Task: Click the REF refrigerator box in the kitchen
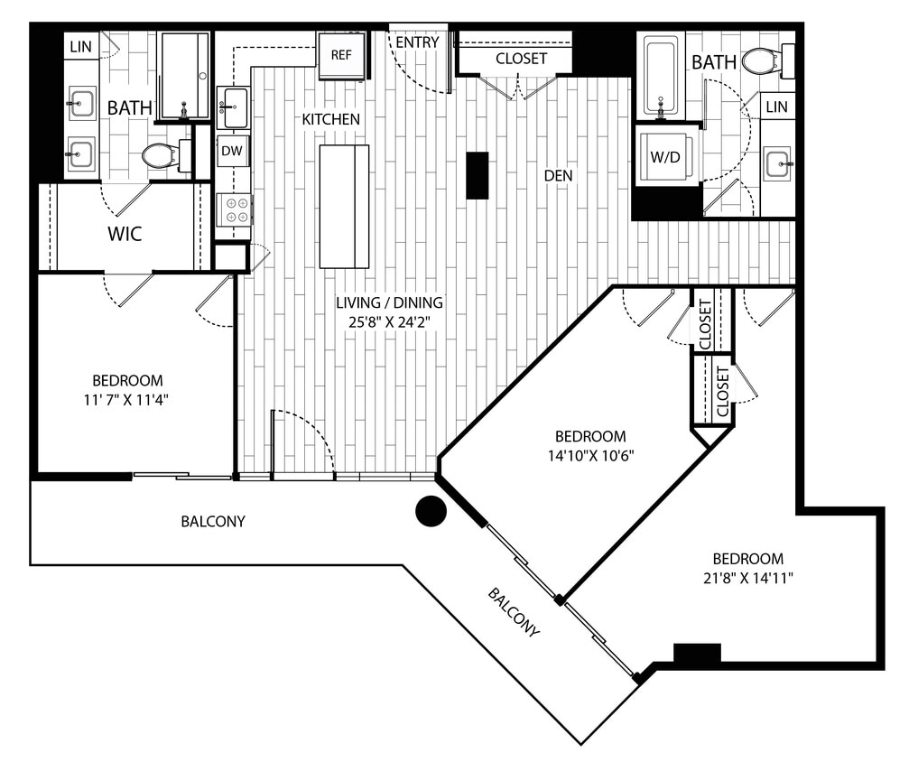point(341,55)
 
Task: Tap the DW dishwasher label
point(233,151)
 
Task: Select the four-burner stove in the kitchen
point(234,210)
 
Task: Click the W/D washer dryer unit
point(667,157)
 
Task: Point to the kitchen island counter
point(344,206)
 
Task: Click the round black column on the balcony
point(431,511)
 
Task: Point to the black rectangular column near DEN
point(477,175)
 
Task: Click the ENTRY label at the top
point(417,42)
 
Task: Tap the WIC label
point(125,234)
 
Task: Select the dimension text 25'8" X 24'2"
point(389,321)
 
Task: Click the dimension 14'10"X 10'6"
point(590,455)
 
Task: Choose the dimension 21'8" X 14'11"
point(747,578)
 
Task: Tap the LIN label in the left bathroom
point(80,46)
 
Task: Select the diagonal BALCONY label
point(514,612)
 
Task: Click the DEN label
point(558,176)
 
